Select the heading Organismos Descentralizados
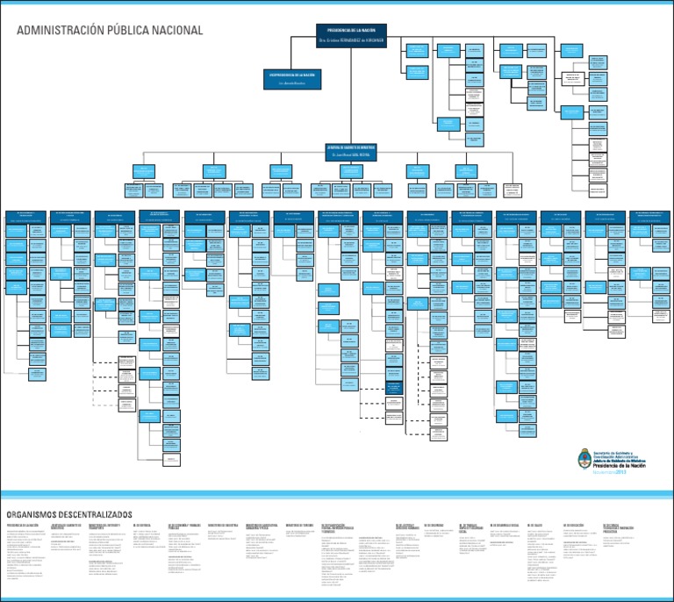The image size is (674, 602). pos(70,512)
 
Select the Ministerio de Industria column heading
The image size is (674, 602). pos(223,525)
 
